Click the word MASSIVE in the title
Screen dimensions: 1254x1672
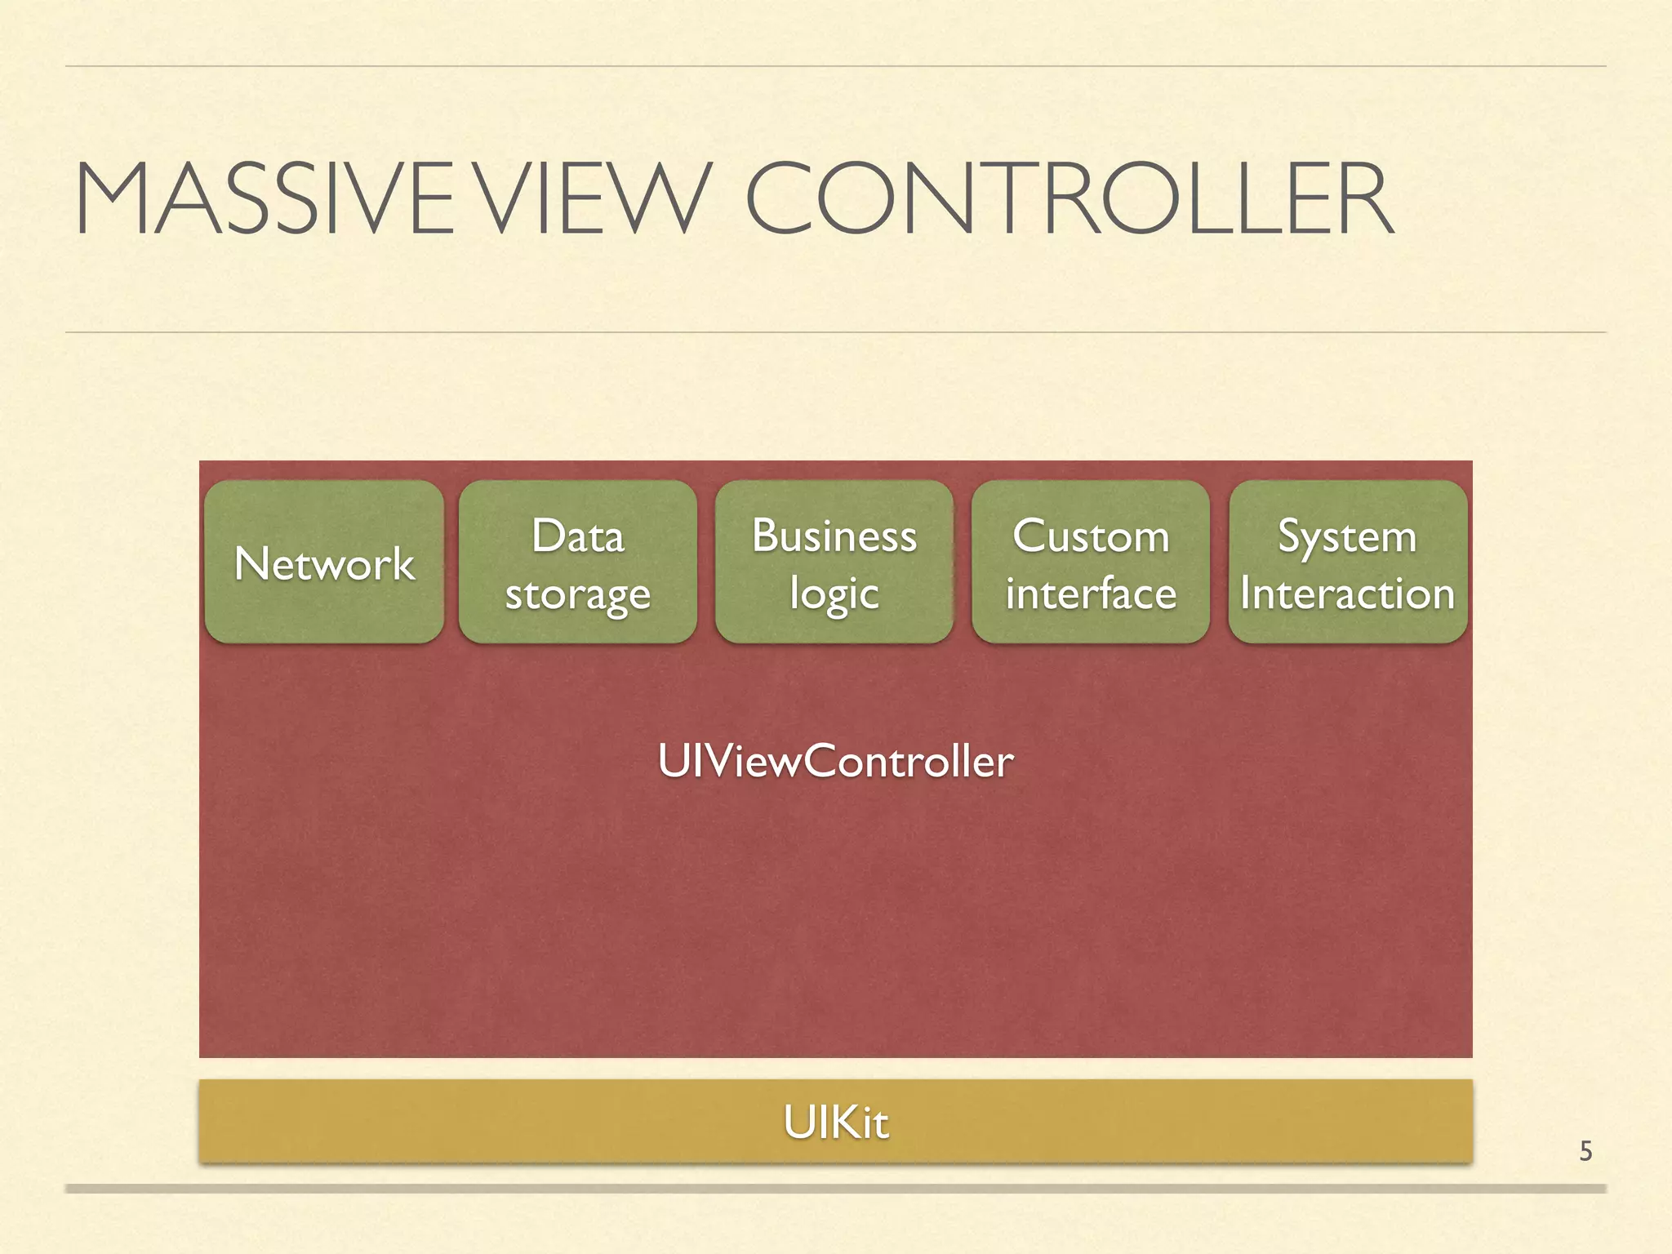point(273,200)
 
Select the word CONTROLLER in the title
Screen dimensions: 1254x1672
point(1069,200)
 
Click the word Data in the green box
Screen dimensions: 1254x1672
point(578,536)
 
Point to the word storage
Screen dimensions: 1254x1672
point(578,594)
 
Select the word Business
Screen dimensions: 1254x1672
point(834,536)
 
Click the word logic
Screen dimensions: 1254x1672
point(834,594)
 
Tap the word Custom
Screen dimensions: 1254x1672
point(1091,536)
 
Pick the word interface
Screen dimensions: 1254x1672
point(1091,594)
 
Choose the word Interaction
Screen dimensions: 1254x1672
point(1347,594)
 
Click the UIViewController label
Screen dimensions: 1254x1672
point(835,761)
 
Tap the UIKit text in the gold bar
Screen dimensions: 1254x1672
point(835,1122)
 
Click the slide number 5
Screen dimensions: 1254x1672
point(1585,1151)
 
